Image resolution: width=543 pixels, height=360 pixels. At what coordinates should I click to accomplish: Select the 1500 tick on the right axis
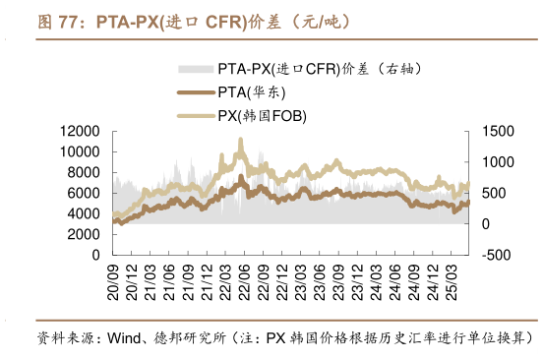[x=499, y=131]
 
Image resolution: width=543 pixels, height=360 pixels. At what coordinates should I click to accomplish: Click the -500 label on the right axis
[x=497, y=255]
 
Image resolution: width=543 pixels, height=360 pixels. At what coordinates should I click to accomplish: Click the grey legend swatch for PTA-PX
[x=194, y=70]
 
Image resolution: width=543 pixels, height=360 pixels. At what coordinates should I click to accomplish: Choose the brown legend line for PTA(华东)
[x=194, y=92]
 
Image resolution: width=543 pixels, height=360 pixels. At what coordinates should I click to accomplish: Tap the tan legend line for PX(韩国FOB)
[x=194, y=115]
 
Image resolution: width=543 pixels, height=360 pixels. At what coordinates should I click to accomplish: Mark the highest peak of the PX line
[x=241, y=141]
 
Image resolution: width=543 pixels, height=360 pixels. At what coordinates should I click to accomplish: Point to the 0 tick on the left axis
[x=95, y=255]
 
